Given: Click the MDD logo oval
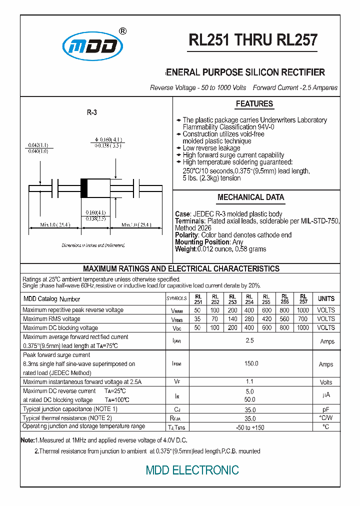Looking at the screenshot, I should click(x=92, y=46).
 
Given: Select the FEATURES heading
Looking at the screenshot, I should click(x=254, y=104).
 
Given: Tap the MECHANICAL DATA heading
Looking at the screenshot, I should click(x=250, y=197).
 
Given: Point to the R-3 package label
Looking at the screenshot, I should click(x=91, y=113).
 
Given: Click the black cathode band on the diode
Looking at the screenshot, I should click(x=84, y=188).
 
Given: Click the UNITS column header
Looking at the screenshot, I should click(x=326, y=298).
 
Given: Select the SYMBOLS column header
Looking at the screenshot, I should click(x=176, y=299).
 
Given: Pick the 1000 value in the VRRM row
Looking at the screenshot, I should click(x=302, y=310).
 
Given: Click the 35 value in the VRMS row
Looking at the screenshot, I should click(x=197, y=319).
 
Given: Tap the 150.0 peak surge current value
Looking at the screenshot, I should click(x=250, y=364).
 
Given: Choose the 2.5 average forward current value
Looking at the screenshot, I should click(x=250, y=341).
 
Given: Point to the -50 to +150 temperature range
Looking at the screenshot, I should click(x=250, y=427).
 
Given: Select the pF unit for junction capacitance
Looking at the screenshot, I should click(x=326, y=409).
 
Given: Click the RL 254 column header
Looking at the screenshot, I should click(x=249, y=299).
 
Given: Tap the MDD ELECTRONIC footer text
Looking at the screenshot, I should click(x=192, y=470).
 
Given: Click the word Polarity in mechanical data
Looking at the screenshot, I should click(x=186, y=235).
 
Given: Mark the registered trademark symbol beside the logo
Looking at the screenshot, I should click(x=123, y=31).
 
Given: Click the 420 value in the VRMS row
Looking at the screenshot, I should click(x=267, y=319).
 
